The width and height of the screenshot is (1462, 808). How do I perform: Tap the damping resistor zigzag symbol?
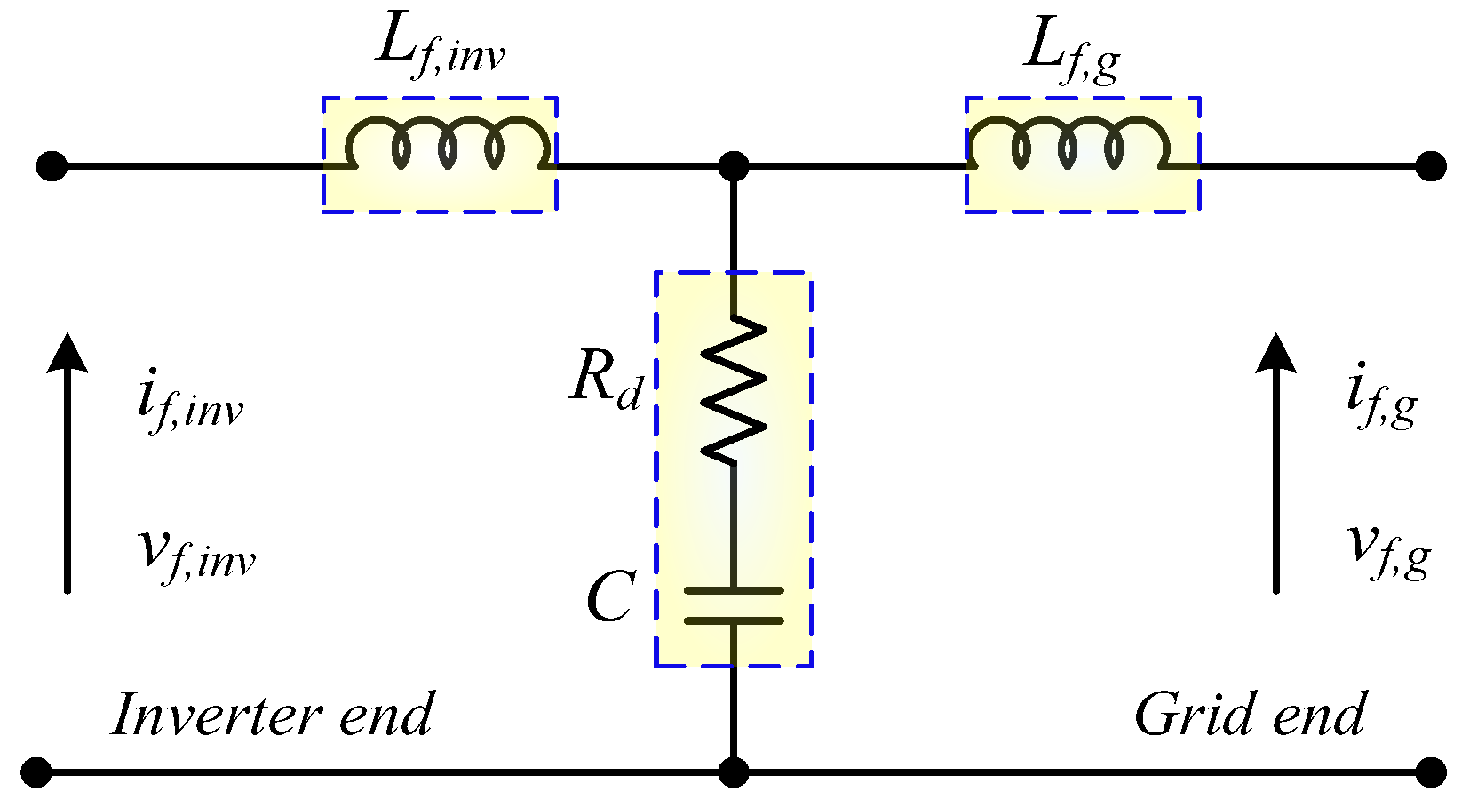[734, 391]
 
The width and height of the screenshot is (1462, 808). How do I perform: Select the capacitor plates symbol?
[734, 605]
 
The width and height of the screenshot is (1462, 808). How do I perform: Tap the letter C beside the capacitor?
[611, 597]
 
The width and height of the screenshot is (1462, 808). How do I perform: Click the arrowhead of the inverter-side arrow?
[67, 352]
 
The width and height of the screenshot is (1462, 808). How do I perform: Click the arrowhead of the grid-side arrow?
[1276, 352]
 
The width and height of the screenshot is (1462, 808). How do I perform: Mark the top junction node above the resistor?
[734, 166]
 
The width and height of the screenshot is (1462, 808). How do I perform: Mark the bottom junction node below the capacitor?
[734, 772]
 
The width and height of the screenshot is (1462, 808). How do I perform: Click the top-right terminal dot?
[1430, 166]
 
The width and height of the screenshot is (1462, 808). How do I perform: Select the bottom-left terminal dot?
[36, 772]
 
